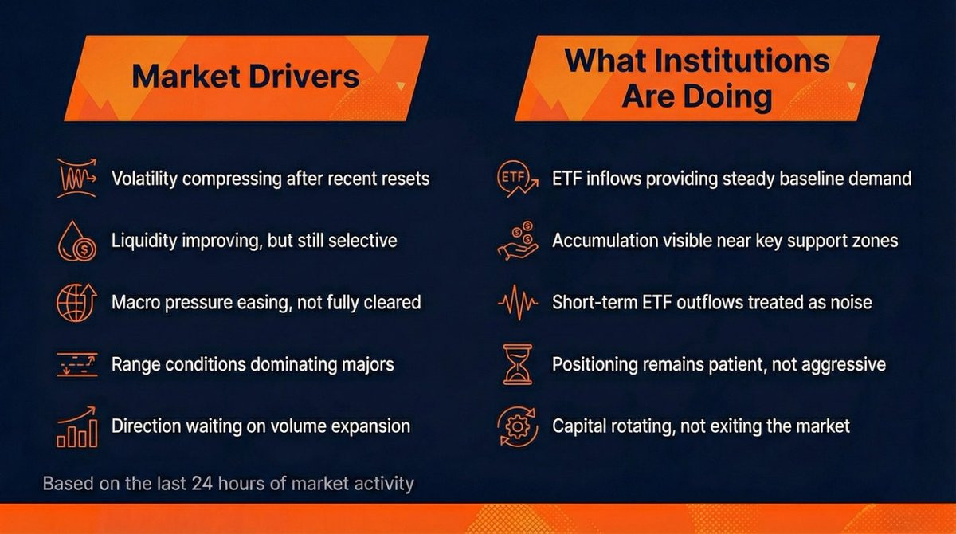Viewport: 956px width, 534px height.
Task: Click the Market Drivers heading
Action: pyautogui.click(x=245, y=77)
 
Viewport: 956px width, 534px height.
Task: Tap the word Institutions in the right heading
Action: pyautogui.click(x=742, y=61)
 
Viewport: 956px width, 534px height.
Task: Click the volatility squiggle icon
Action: pyautogui.click(x=76, y=178)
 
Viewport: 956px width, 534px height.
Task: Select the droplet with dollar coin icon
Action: pyautogui.click(x=76, y=241)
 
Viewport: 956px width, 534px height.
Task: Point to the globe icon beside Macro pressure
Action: pyautogui.click(x=76, y=302)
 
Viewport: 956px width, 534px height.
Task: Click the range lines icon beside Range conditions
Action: pyautogui.click(x=76, y=364)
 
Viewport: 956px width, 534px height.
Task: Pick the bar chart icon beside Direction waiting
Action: pyautogui.click(x=76, y=426)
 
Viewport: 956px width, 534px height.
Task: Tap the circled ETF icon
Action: pyautogui.click(x=517, y=179)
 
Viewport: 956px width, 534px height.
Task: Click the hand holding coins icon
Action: pyautogui.click(x=517, y=241)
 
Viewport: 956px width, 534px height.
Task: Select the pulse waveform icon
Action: pyautogui.click(x=517, y=302)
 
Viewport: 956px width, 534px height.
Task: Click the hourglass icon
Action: pyautogui.click(x=518, y=364)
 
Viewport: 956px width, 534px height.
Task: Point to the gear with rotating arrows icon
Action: pyautogui.click(x=517, y=426)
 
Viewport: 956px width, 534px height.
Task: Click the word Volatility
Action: pyautogui.click(x=144, y=179)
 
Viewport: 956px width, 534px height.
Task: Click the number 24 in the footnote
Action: pyautogui.click(x=202, y=484)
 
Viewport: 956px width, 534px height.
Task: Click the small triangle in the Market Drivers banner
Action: pyautogui.click(x=400, y=86)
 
